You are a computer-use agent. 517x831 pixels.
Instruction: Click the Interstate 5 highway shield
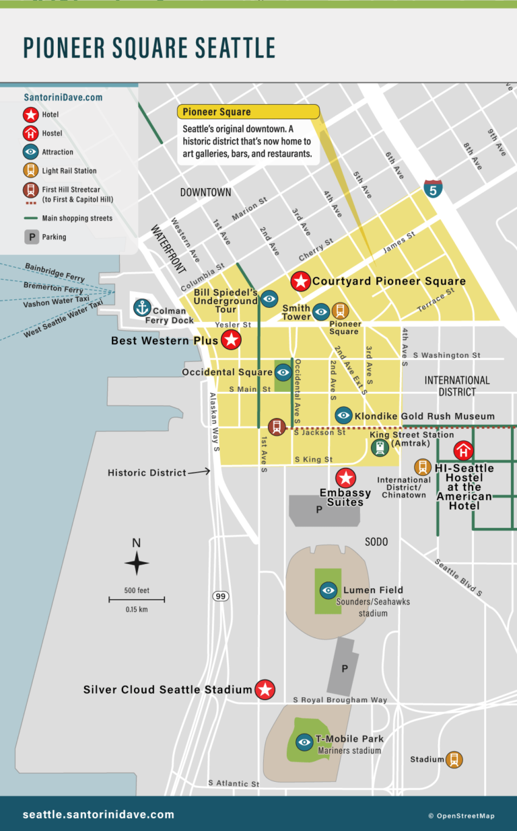(433, 188)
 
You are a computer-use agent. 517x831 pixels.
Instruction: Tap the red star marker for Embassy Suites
(345, 478)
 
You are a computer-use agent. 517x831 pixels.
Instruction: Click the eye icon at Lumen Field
(328, 590)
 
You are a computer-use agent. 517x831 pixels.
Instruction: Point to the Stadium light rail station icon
(454, 760)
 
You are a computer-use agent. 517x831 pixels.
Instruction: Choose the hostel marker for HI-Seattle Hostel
(463, 450)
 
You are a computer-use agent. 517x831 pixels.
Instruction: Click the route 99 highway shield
(220, 596)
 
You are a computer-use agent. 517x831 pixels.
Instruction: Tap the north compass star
(137, 563)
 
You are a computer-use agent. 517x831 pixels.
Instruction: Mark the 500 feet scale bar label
(137, 590)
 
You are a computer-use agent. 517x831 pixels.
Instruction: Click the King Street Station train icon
(380, 448)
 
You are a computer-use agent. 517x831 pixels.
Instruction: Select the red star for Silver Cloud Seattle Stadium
(265, 689)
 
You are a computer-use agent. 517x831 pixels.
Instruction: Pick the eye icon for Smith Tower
(322, 311)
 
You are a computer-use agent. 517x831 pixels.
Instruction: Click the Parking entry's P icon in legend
(31, 237)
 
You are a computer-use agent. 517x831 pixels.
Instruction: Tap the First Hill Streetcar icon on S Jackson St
(276, 427)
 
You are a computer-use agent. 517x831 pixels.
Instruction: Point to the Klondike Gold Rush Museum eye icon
(343, 415)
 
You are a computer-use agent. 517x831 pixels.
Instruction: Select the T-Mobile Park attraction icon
(304, 742)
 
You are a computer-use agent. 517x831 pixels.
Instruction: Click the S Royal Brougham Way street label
(340, 700)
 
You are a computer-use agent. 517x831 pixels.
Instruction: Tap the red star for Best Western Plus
(231, 340)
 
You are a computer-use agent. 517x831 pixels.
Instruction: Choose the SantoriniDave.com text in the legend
(63, 97)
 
